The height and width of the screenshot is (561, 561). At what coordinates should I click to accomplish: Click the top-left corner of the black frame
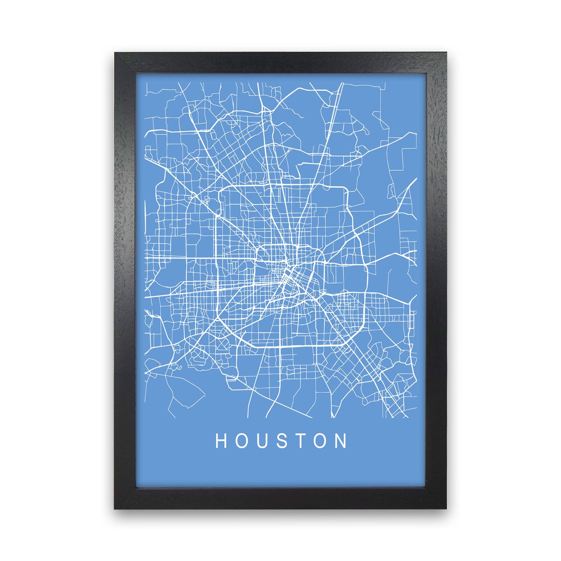115,53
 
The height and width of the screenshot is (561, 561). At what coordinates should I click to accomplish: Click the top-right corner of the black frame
446,53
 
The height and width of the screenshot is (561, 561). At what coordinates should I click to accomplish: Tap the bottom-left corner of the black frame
115,508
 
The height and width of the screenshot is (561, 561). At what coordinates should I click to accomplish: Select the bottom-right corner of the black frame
446,508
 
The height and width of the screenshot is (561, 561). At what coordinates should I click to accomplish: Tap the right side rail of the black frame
436,280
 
